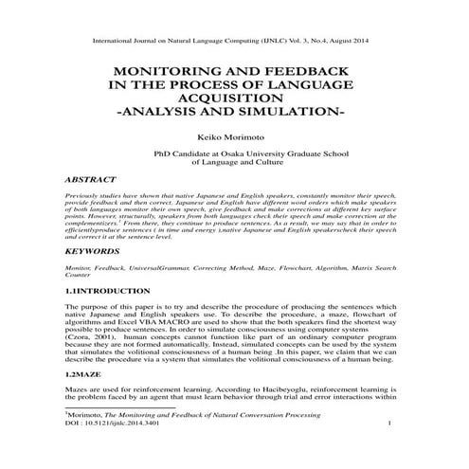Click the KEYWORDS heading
click(96, 254)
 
